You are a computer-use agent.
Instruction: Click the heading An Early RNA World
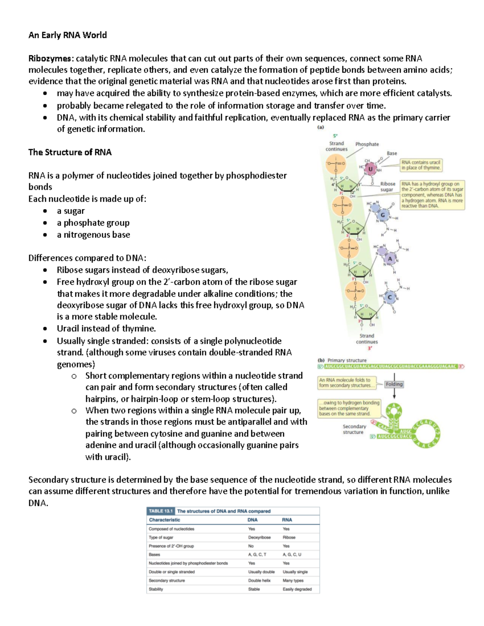pyautogui.click(x=67, y=35)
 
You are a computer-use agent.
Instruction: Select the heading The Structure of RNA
pyautogui.click(x=70, y=152)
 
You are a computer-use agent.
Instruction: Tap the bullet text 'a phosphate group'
pyautogui.click(x=93, y=223)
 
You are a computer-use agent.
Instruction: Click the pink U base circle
pyautogui.click(x=370, y=169)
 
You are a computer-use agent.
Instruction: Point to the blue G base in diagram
pyautogui.click(x=382, y=215)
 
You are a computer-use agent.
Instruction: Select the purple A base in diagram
pyautogui.click(x=390, y=259)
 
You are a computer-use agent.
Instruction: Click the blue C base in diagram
pyautogui.click(x=390, y=298)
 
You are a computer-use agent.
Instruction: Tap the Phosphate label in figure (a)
pyautogui.click(x=367, y=144)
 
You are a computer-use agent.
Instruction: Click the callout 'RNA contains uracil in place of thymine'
pyautogui.click(x=421, y=165)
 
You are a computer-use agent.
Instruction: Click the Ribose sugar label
pyautogui.click(x=387, y=187)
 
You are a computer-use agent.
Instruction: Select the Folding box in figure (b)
pyautogui.click(x=394, y=384)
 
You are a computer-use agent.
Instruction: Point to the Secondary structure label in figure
pyautogui.click(x=354, y=429)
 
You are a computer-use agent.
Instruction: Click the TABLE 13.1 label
pyautogui.click(x=161, y=511)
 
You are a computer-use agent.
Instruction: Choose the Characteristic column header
pyautogui.click(x=165, y=520)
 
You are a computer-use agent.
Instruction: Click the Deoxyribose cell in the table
pyautogui.click(x=259, y=537)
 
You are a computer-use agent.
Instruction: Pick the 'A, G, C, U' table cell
pyautogui.click(x=292, y=555)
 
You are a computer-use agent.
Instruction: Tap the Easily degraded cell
pyautogui.click(x=297, y=589)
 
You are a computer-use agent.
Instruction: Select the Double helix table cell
pyautogui.click(x=259, y=580)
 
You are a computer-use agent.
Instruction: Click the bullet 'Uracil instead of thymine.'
pyautogui.click(x=106, y=328)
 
